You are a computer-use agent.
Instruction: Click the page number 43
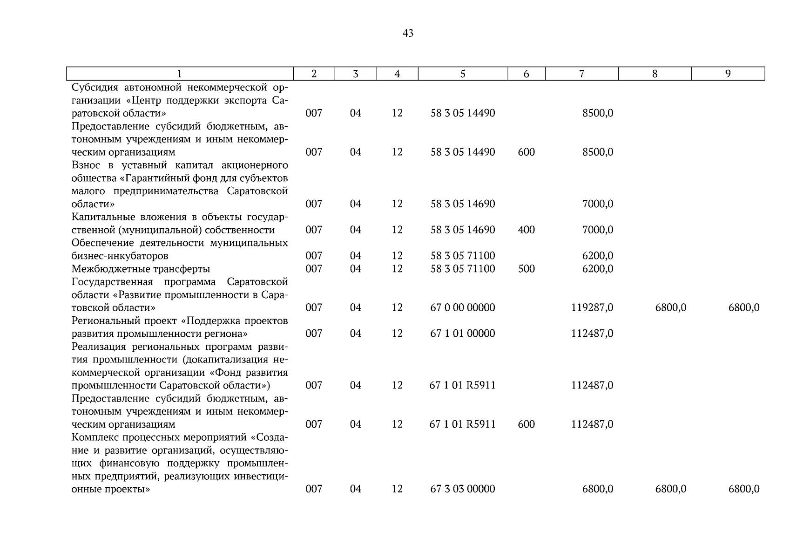[x=407, y=34]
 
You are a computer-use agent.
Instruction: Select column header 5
[x=462, y=74]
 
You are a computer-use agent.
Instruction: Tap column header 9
[x=728, y=74]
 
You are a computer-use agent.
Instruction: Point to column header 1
[x=180, y=74]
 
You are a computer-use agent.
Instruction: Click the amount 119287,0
[x=592, y=307]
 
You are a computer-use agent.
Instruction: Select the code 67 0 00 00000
[x=462, y=307]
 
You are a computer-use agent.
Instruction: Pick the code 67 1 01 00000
[x=462, y=334]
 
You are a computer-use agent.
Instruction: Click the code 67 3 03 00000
[x=462, y=489]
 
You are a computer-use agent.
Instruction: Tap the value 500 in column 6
[x=526, y=269]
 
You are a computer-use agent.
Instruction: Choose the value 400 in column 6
[x=526, y=230]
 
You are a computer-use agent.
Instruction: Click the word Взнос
[x=86, y=165]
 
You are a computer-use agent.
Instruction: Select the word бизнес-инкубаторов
[x=120, y=256]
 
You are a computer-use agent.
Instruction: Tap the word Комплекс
[x=94, y=437]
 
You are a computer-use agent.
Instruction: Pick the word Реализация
[x=99, y=347]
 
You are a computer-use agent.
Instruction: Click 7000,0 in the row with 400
[x=597, y=230]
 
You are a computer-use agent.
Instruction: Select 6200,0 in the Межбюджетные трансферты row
[x=597, y=269]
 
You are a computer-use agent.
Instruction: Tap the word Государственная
[x=112, y=282]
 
